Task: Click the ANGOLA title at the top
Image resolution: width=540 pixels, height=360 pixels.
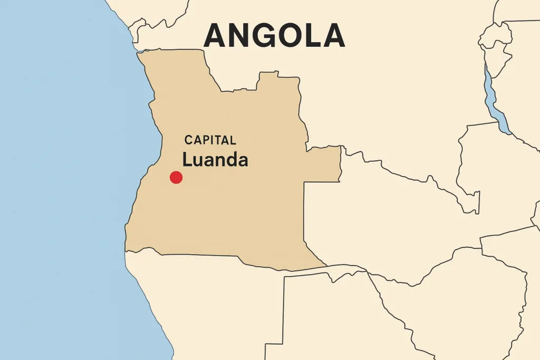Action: pyautogui.click(x=274, y=36)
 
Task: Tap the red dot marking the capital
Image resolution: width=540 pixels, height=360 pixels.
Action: pyautogui.click(x=176, y=178)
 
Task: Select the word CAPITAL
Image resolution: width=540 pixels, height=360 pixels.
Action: pyautogui.click(x=210, y=140)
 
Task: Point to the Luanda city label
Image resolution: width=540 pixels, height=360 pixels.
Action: pyautogui.click(x=215, y=160)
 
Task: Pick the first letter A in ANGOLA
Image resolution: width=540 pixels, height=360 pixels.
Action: pyautogui.click(x=215, y=36)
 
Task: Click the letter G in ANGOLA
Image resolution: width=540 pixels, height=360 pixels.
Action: pyautogui.click(x=262, y=36)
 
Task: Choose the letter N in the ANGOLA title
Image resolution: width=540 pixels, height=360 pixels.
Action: pyautogui.click(x=238, y=36)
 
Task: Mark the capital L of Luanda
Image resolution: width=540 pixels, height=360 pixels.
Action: pyautogui.click(x=187, y=160)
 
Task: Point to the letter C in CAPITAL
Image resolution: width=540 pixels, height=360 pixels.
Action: pyautogui.click(x=189, y=140)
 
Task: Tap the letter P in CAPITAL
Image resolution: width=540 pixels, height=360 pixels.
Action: pyautogui.click(x=205, y=140)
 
